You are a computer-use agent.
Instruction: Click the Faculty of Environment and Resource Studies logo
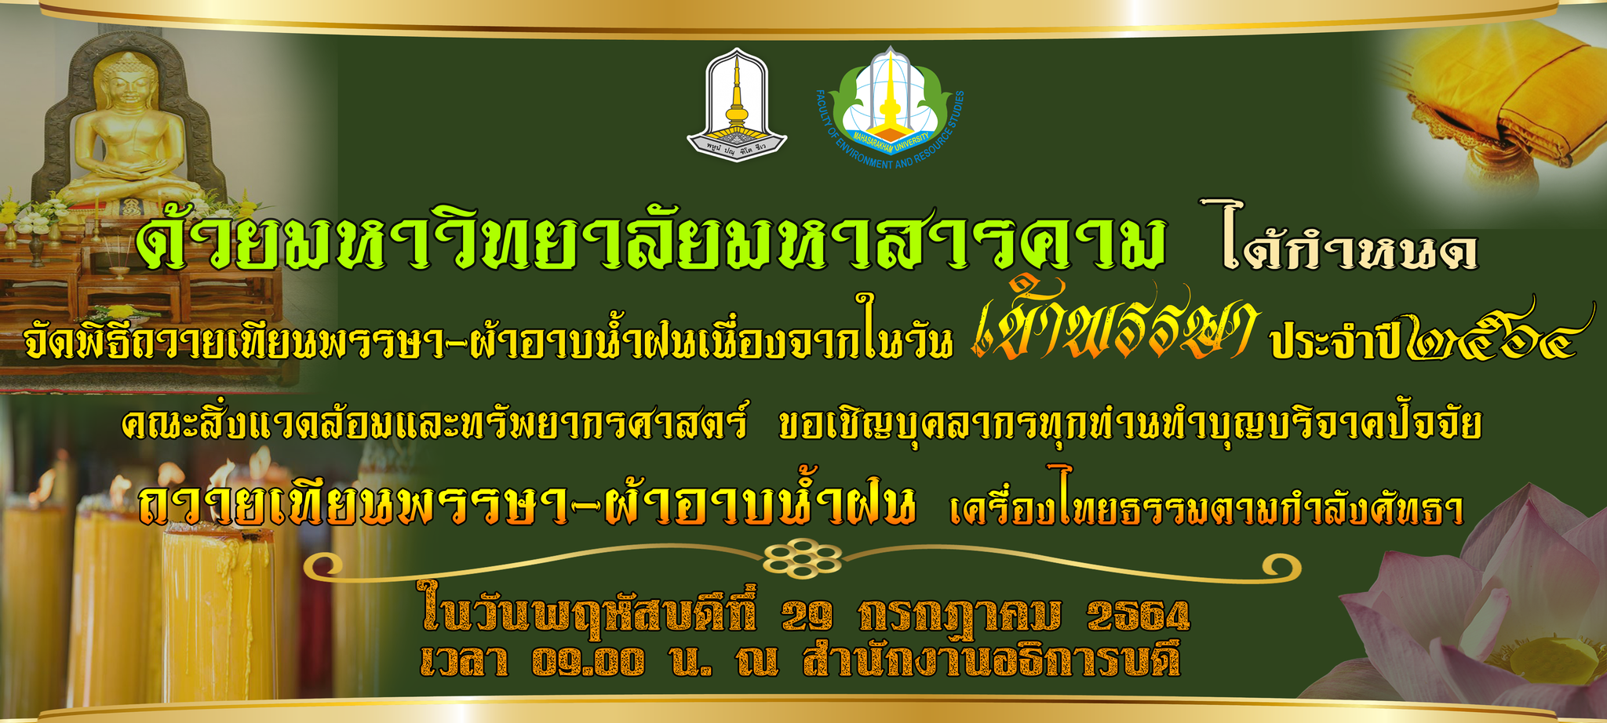[889, 107]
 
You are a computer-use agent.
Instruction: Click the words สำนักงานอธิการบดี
[991, 659]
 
